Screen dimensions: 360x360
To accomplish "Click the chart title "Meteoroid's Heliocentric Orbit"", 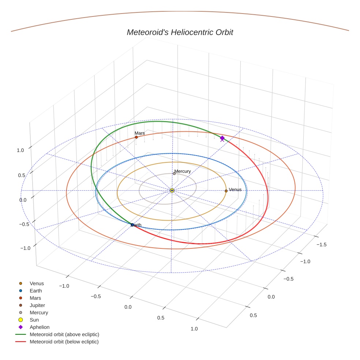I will point(180,32).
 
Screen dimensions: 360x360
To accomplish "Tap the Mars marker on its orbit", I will point(136,137).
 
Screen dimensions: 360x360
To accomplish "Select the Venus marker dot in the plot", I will point(226,191).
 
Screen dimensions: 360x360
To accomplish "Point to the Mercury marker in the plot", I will point(174,173).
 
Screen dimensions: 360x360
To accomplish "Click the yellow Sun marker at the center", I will point(172,190).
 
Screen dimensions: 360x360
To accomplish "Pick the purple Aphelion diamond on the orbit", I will point(222,138).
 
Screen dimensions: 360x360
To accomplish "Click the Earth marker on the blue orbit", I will point(132,225).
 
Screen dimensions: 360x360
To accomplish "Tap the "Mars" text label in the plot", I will point(139,133).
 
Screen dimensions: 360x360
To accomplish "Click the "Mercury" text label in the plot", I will point(183,171).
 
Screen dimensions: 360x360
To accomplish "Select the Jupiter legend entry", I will point(37,305).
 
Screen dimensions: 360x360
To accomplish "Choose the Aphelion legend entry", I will point(39,327).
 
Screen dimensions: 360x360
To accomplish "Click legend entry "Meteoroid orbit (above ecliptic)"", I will point(64,334).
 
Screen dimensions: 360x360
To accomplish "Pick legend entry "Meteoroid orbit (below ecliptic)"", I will point(64,342).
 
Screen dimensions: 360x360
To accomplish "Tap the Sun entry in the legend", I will point(34,320).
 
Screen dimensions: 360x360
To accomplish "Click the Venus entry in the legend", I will point(37,284).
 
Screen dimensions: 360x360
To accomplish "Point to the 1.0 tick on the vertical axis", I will point(20,150).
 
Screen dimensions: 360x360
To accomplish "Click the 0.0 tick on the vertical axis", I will point(23,200).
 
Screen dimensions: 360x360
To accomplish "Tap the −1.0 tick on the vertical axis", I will point(25,248).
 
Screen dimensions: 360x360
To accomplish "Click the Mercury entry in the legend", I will point(39,312).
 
